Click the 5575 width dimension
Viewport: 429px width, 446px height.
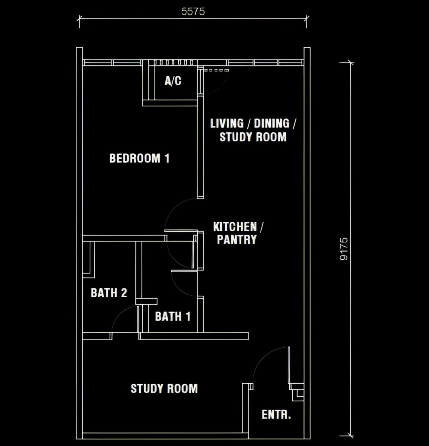click(193, 12)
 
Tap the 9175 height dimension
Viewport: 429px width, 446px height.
click(344, 249)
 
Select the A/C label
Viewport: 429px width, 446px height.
click(173, 81)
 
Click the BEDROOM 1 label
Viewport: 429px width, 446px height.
click(139, 158)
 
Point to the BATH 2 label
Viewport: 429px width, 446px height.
click(109, 293)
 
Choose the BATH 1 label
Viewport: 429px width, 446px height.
click(173, 316)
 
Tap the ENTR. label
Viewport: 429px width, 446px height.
click(276, 415)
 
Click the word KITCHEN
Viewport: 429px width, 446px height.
click(235, 227)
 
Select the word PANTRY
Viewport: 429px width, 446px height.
click(237, 240)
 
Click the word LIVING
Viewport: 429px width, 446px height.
click(227, 123)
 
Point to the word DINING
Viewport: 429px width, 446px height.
click(272, 123)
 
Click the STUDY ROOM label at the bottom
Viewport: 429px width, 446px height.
click(164, 389)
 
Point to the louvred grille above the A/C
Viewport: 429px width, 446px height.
click(173, 62)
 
